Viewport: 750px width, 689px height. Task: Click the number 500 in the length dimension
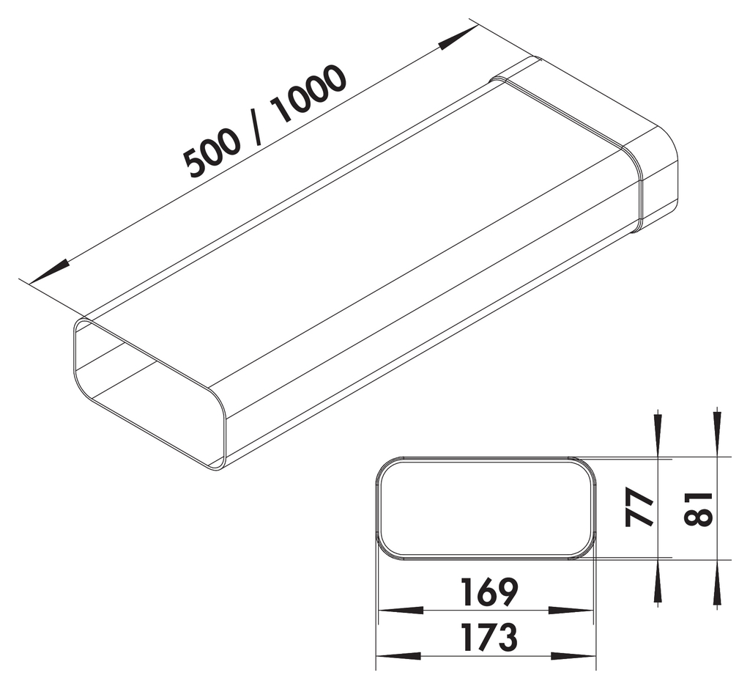(x=212, y=152)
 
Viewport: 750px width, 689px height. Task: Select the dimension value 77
(x=639, y=508)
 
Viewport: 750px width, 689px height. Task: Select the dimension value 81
(x=699, y=508)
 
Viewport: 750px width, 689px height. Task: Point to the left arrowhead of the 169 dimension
(x=399, y=610)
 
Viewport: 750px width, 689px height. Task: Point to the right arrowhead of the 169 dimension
(x=573, y=610)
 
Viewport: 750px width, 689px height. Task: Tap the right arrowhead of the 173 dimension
(x=574, y=655)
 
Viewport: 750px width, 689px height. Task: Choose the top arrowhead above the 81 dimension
(x=717, y=433)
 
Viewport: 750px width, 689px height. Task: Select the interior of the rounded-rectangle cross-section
(x=486, y=508)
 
